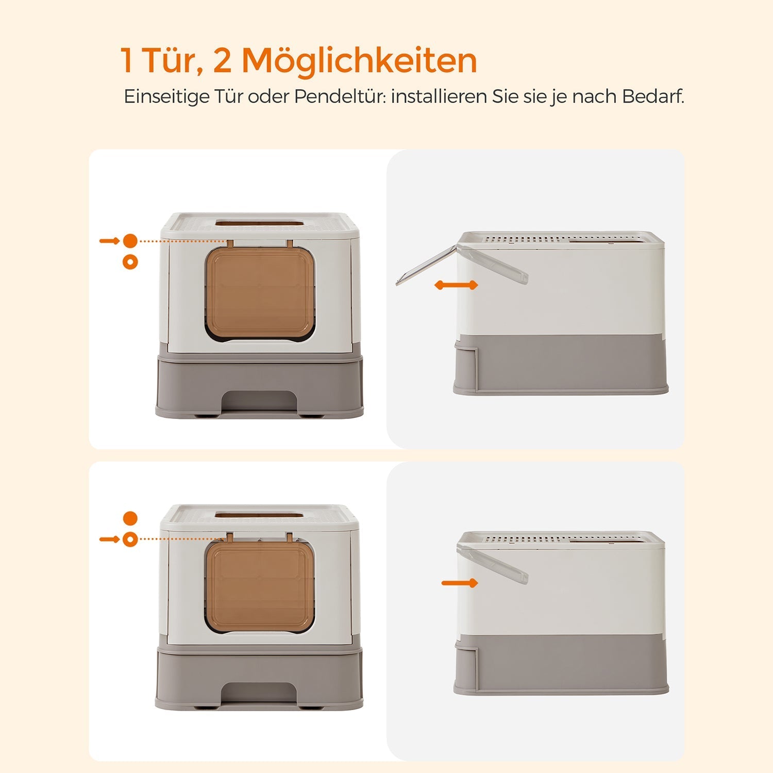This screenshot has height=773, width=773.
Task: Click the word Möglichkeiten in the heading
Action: (x=359, y=61)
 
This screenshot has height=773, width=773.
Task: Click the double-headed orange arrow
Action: (x=456, y=285)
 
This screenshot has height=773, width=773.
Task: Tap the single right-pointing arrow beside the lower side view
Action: (x=460, y=583)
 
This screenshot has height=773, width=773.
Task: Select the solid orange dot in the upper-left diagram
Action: (x=130, y=241)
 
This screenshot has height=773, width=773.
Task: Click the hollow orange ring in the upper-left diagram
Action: (x=130, y=262)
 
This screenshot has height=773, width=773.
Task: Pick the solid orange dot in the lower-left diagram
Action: (x=130, y=518)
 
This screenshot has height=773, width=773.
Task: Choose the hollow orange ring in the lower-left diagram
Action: (x=130, y=540)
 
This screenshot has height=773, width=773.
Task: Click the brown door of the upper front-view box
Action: (x=260, y=293)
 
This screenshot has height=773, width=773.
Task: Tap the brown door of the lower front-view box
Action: (x=260, y=587)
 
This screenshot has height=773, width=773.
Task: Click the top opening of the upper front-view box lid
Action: (x=260, y=224)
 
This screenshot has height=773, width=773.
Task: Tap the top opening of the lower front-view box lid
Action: (x=260, y=515)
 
